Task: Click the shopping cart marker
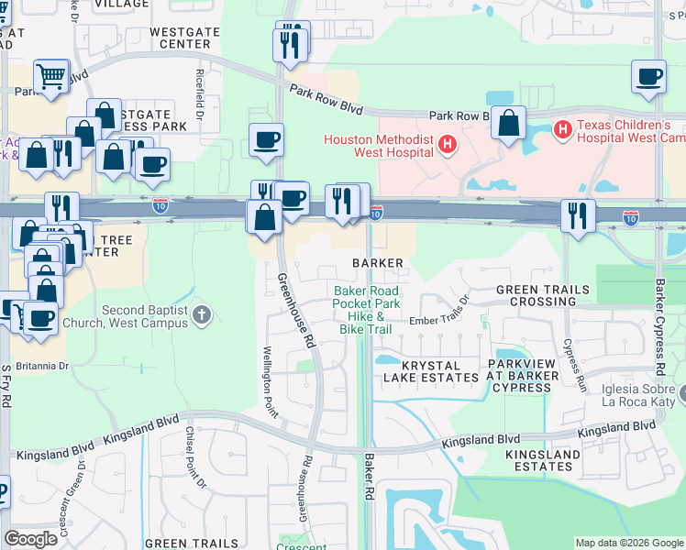(x=50, y=76)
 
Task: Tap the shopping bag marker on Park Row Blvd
(x=507, y=123)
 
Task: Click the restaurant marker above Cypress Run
(x=578, y=216)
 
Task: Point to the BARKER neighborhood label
(x=378, y=263)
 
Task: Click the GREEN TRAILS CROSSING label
(x=542, y=295)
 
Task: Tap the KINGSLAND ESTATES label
(x=543, y=460)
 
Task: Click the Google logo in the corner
(x=31, y=539)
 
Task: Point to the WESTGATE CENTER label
(x=184, y=37)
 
